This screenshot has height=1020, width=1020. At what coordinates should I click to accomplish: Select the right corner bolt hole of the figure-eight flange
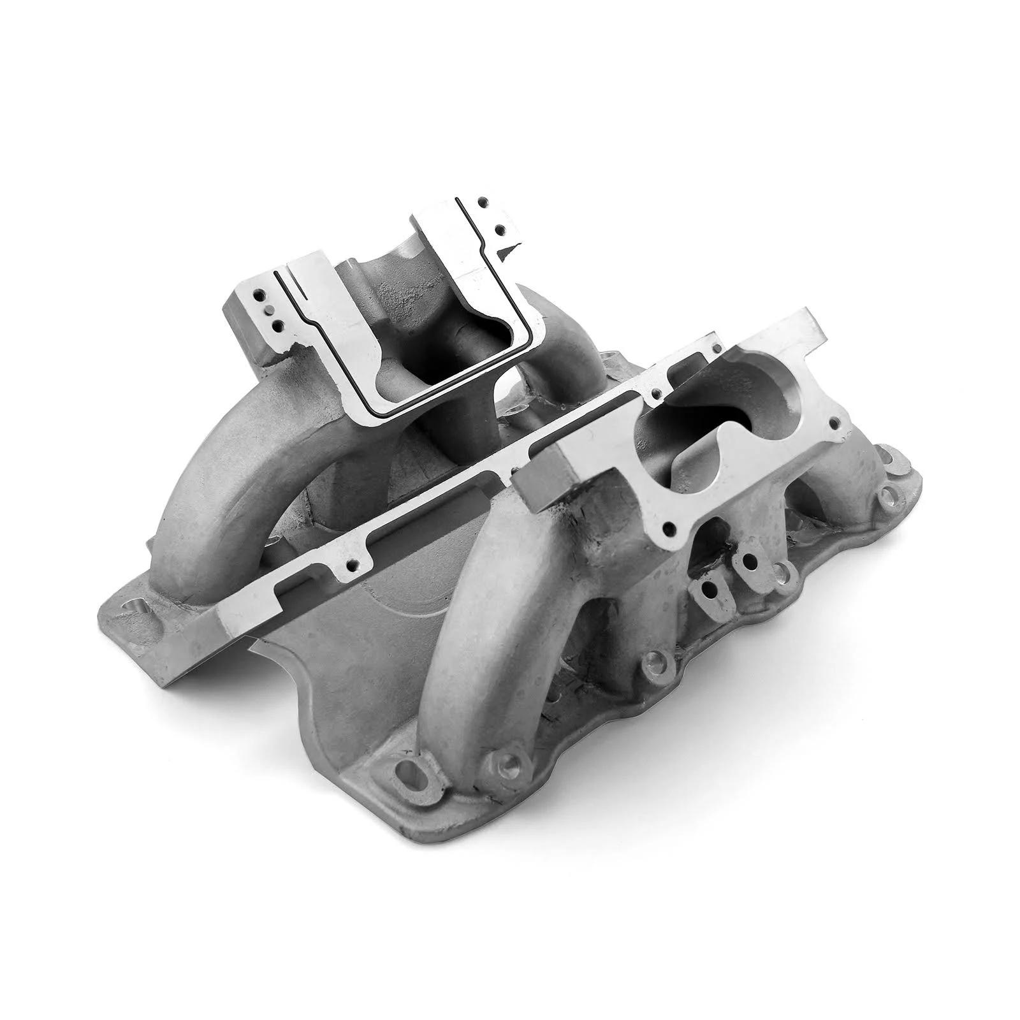(x=833, y=423)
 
